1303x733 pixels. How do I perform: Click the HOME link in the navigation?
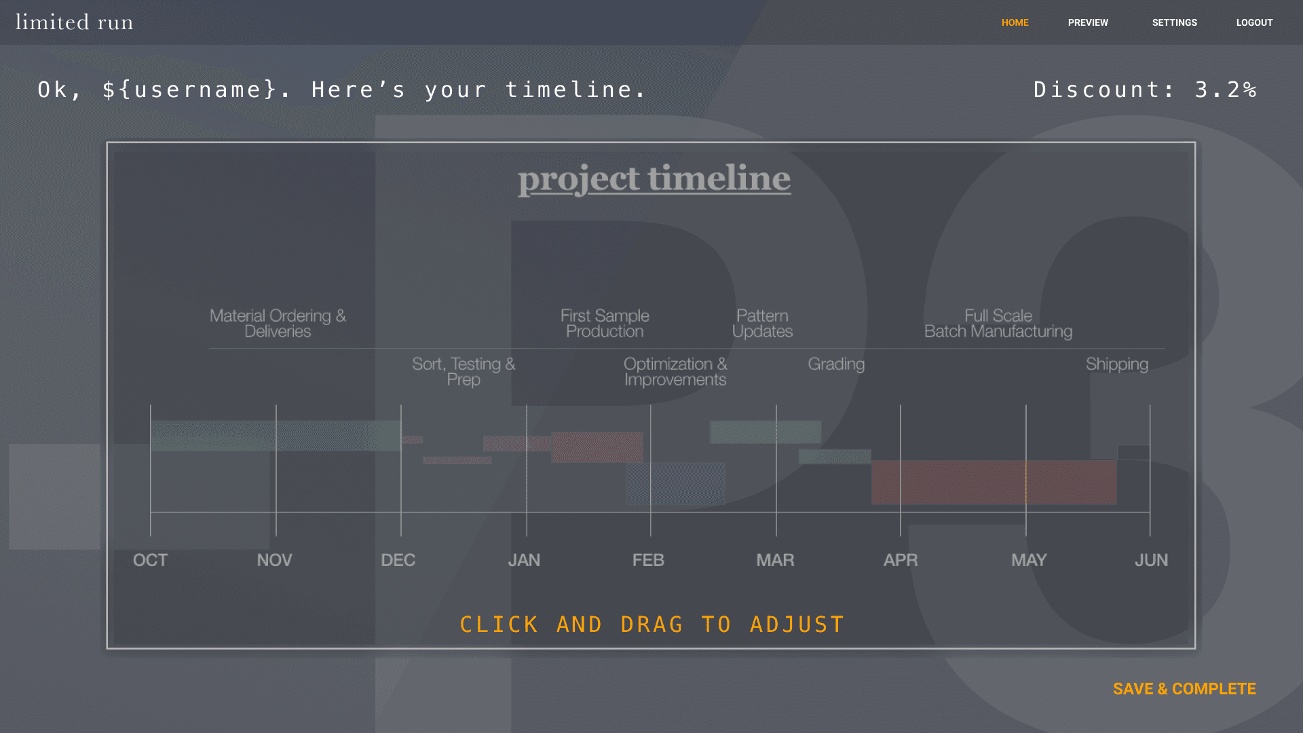coord(1015,22)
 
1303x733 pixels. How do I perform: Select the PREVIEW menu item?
coord(1088,22)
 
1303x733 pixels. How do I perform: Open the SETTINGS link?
coord(1174,22)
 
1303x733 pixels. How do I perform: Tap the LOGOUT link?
coord(1254,22)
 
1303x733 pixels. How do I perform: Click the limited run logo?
coord(74,22)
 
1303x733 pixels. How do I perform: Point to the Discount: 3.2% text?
coord(1145,90)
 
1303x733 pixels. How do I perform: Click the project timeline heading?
coord(654,178)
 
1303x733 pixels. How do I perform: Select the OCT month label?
coord(150,560)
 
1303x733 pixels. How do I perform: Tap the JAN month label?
coord(524,560)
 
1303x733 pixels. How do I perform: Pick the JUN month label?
coord(1151,560)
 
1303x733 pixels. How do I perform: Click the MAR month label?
coord(775,560)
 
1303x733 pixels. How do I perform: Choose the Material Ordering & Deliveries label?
coord(278,324)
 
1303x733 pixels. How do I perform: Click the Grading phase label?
coord(836,364)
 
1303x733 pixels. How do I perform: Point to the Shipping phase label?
coord(1117,364)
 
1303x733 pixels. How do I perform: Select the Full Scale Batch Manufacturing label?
coord(998,324)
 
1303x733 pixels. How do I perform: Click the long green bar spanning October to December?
coord(276,436)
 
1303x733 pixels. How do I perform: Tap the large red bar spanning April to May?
coord(994,483)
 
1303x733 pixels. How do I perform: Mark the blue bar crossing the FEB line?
coord(675,484)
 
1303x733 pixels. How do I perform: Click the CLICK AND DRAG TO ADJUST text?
coord(651,624)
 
